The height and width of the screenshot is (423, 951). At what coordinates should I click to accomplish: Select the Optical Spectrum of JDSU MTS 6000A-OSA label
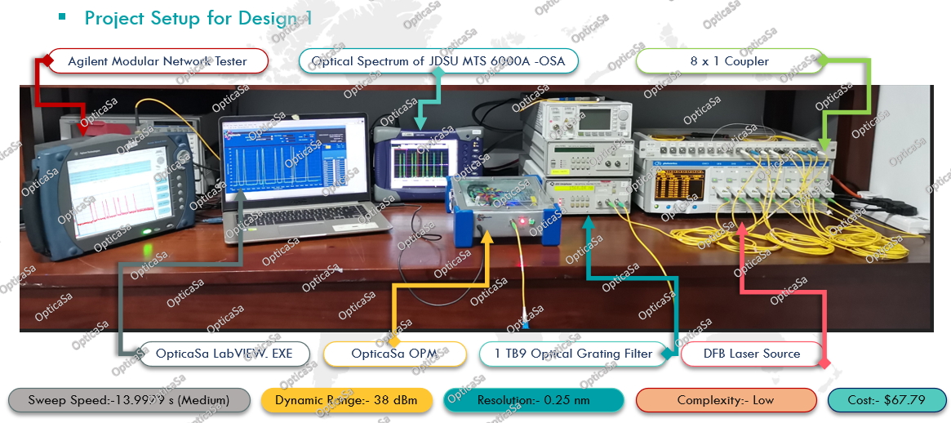click(443, 61)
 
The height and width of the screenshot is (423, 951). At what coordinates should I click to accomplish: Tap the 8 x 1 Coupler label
click(729, 61)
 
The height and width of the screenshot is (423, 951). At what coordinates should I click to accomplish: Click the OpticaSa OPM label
click(395, 354)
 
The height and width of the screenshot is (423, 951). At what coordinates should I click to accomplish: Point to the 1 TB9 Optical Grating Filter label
click(573, 354)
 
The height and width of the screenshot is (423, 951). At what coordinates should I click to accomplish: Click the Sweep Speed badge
click(129, 400)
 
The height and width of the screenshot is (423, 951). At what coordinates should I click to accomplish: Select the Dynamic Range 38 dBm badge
click(346, 400)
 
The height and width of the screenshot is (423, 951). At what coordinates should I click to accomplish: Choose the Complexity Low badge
click(726, 400)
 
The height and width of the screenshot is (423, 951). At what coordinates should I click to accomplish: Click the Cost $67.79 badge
click(887, 400)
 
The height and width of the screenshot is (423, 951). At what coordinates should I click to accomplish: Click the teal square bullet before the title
click(62, 16)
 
